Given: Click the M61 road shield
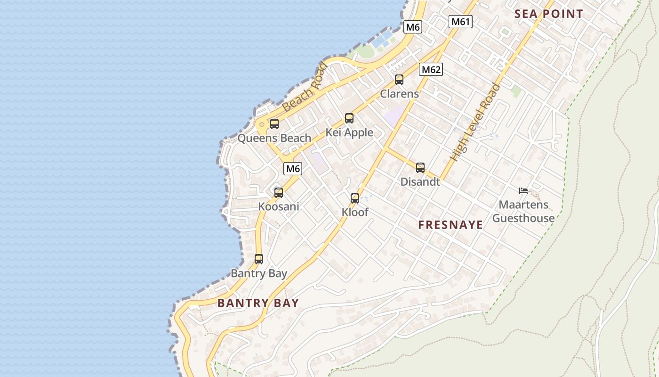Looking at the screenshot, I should point(461,22).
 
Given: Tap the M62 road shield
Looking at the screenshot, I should point(431,70).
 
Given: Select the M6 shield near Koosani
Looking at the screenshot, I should point(293,168).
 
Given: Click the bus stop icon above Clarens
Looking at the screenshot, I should point(399,80).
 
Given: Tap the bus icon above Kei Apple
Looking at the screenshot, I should point(349,118).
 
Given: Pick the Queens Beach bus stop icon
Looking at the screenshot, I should point(274,124).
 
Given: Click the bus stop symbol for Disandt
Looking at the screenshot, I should point(420,167).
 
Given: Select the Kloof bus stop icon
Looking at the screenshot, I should point(355,198).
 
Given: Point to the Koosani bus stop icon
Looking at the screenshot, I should point(279,192).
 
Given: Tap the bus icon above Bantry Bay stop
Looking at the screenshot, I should point(259,259).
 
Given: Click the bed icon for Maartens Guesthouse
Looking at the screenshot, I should point(523,191).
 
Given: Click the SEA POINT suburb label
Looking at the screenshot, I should point(548,14).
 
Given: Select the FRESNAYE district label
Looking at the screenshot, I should point(450,225).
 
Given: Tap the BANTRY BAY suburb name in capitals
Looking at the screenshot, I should point(258,303).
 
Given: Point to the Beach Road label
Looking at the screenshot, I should point(305,88).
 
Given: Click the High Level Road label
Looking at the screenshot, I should point(474,123).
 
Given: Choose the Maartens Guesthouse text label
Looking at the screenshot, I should point(523,212).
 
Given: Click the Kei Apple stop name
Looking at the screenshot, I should point(349,132).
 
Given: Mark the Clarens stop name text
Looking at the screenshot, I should point(399,94).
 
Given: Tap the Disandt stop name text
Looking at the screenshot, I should point(420,181).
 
